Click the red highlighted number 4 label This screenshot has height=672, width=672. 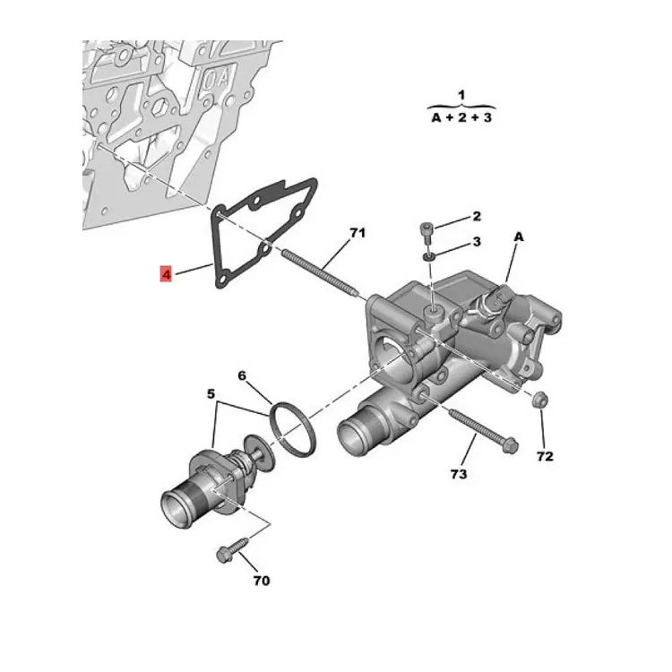point(166,274)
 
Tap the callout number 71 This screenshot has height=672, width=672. point(358,233)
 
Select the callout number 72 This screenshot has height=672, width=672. point(545,456)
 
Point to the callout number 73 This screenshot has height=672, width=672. point(458,474)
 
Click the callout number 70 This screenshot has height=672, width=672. point(261,581)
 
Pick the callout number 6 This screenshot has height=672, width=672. point(242,375)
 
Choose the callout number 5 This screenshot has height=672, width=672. point(211,393)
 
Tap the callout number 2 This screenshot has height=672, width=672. point(477,217)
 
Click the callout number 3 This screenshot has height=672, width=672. point(477,242)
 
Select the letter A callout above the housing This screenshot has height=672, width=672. point(519,237)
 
